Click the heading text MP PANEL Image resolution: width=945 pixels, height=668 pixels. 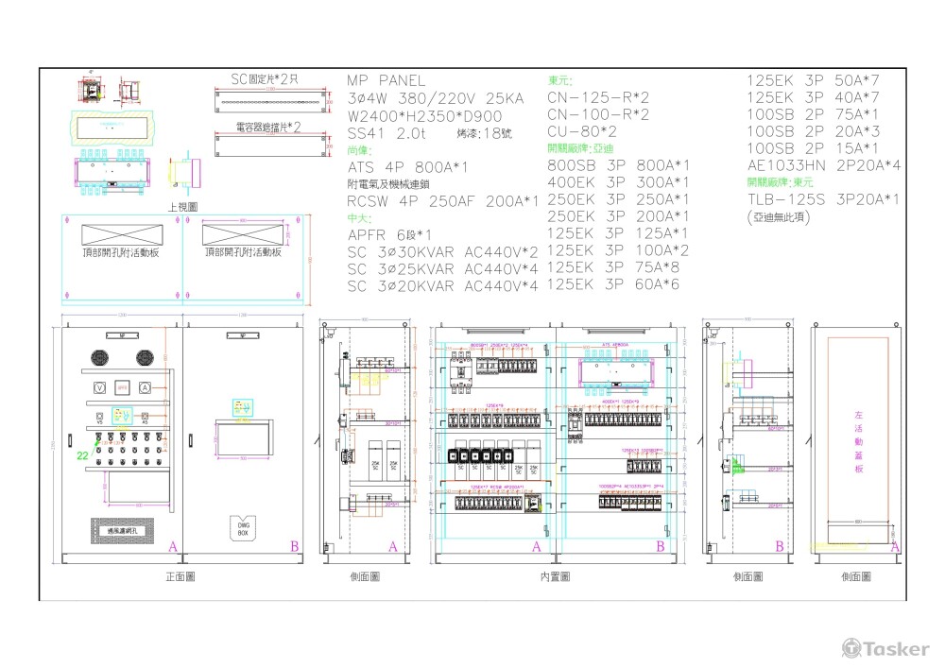[x=386, y=81]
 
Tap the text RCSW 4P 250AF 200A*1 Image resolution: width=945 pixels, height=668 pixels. [x=442, y=201]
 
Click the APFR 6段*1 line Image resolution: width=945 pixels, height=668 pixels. [x=390, y=235]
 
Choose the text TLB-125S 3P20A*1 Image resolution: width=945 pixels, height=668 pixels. [x=822, y=199]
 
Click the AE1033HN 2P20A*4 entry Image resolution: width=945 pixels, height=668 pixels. [x=823, y=165]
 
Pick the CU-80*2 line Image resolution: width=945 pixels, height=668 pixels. [x=582, y=131]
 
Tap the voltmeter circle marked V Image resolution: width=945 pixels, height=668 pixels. [x=98, y=387]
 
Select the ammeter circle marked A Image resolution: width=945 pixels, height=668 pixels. [x=145, y=387]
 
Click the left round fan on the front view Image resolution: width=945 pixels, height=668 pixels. [x=100, y=357]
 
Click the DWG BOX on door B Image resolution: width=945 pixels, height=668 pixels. [x=241, y=529]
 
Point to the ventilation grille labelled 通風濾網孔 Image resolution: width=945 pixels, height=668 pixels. [x=122, y=531]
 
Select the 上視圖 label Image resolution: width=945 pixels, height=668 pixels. [x=182, y=206]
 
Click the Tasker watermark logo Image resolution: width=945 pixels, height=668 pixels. [x=885, y=648]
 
